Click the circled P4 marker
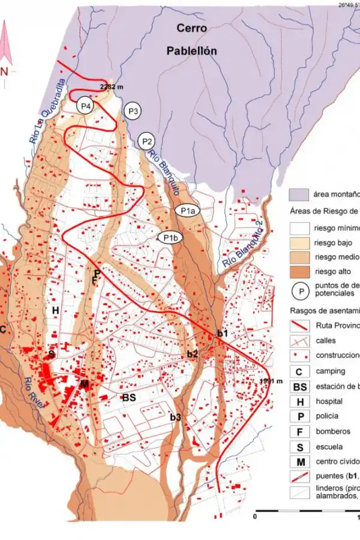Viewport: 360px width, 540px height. tap(85, 106)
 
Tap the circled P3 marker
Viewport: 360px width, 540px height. tap(133, 111)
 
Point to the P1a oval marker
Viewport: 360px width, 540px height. tap(187, 211)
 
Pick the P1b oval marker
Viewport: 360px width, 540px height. tap(170, 238)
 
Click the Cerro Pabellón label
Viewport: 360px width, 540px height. tap(191, 40)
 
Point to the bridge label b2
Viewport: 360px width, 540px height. tap(192, 354)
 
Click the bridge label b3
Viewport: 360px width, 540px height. tap(175, 417)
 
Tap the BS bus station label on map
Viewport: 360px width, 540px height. tap(130, 397)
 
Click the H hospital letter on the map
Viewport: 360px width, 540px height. tap(55, 310)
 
